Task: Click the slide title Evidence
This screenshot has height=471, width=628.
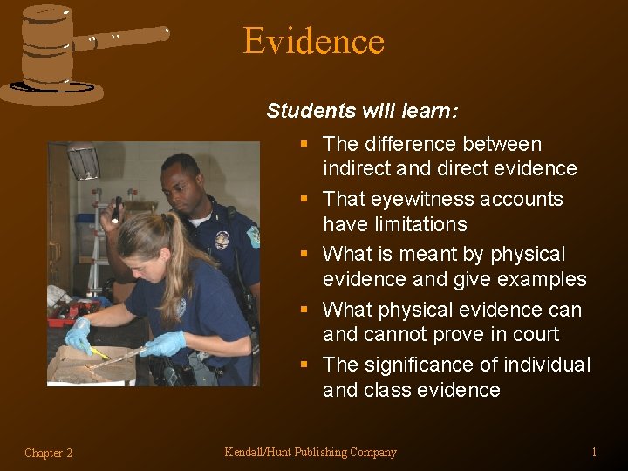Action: point(313,41)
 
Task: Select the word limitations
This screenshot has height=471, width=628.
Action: point(394,224)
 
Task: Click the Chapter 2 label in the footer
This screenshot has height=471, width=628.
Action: point(49,453)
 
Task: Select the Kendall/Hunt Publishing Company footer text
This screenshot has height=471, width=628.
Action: point(311,452)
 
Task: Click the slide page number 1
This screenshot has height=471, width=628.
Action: point(594,452)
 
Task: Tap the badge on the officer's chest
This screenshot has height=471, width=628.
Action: point(222,240)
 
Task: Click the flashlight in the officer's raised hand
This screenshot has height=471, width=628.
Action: point(117,209)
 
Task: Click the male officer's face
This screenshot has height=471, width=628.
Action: point(185,185)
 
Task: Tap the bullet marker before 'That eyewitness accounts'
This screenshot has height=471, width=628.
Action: point(304,199)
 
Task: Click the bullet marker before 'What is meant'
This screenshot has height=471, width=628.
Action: point(304,255)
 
